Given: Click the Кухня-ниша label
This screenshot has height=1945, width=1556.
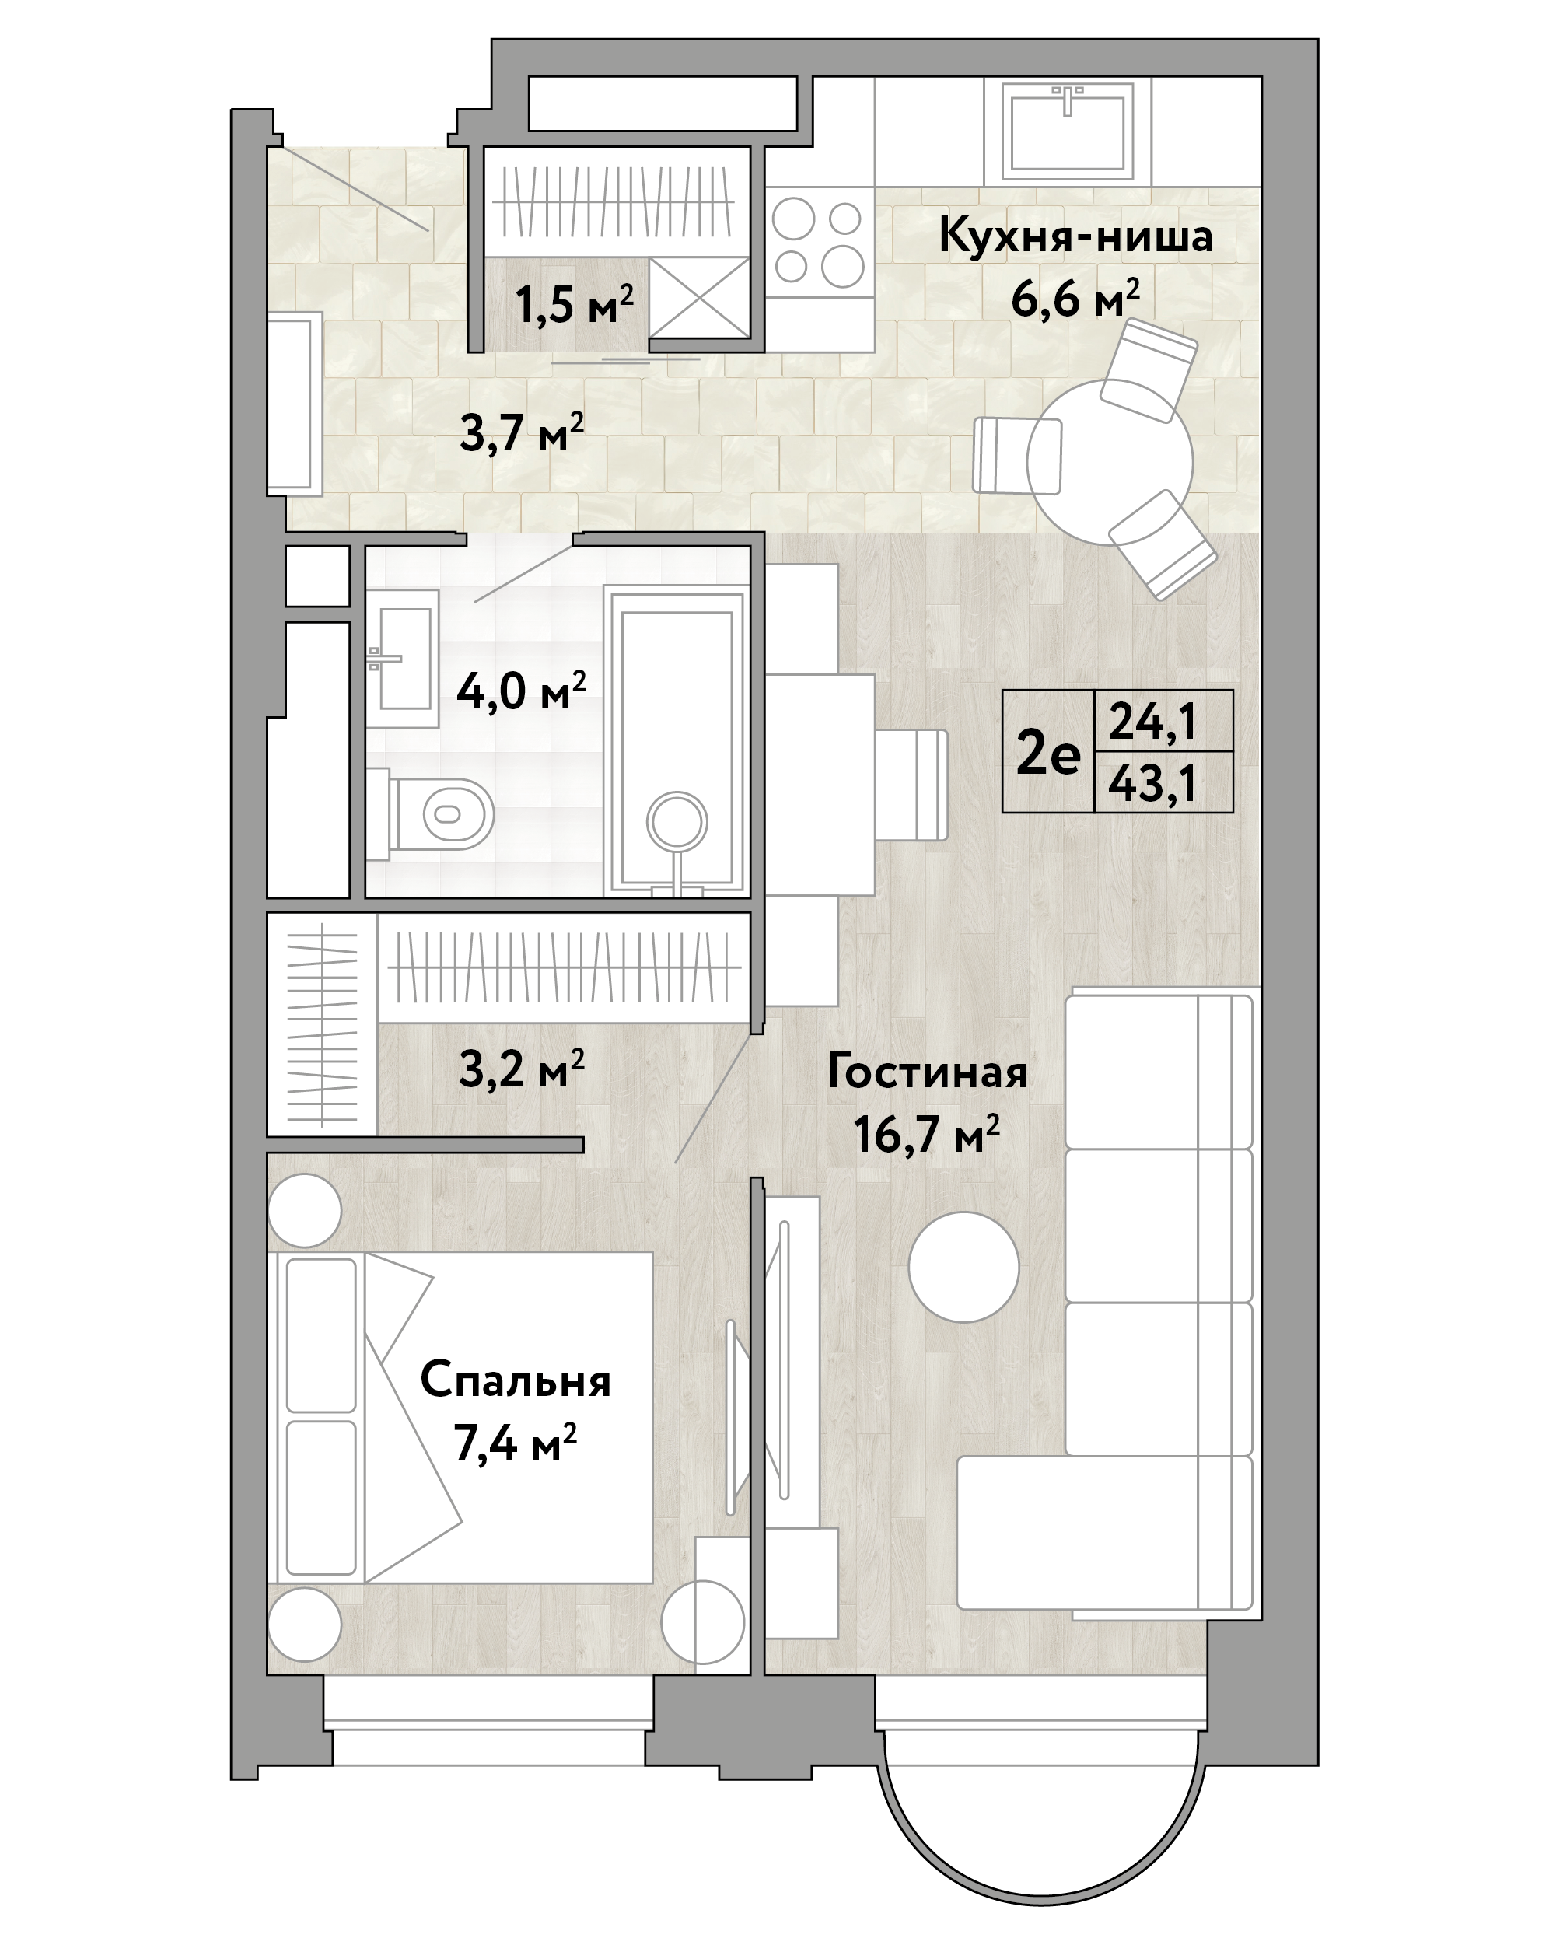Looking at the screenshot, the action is (1075, 236).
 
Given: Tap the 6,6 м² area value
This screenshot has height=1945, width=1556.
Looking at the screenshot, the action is (1075, 298).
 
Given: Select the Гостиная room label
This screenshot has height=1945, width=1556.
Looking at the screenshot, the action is (927, 1073).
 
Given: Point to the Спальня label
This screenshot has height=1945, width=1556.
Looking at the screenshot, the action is (516, 1381).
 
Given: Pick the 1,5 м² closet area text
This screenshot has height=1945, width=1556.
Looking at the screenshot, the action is (574, 305).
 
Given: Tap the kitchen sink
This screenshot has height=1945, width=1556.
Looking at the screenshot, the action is (1068, 129).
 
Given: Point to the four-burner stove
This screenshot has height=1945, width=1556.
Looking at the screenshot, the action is (820, 243).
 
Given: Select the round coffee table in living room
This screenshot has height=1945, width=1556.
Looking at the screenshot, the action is (963, 1267).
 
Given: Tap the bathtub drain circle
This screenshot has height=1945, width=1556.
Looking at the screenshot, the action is (677, 822).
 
